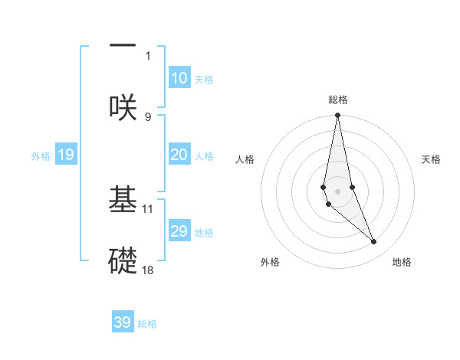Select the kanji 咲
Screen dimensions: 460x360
123,106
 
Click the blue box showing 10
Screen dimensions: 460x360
179,78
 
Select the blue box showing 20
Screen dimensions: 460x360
179,155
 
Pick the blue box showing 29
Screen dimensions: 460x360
179,232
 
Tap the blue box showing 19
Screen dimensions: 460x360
66,155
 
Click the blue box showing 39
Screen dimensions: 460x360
123,322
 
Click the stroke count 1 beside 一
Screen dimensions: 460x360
148,56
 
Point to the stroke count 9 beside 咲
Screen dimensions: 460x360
148,116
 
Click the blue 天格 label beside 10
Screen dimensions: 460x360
204,79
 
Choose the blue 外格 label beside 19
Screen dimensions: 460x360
41,156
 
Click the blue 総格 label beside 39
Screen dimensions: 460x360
147,324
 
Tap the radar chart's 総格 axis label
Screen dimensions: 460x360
337,100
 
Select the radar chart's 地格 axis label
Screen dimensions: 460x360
402,262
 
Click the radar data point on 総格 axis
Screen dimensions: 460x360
337,116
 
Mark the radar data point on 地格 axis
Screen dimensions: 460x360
374,242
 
